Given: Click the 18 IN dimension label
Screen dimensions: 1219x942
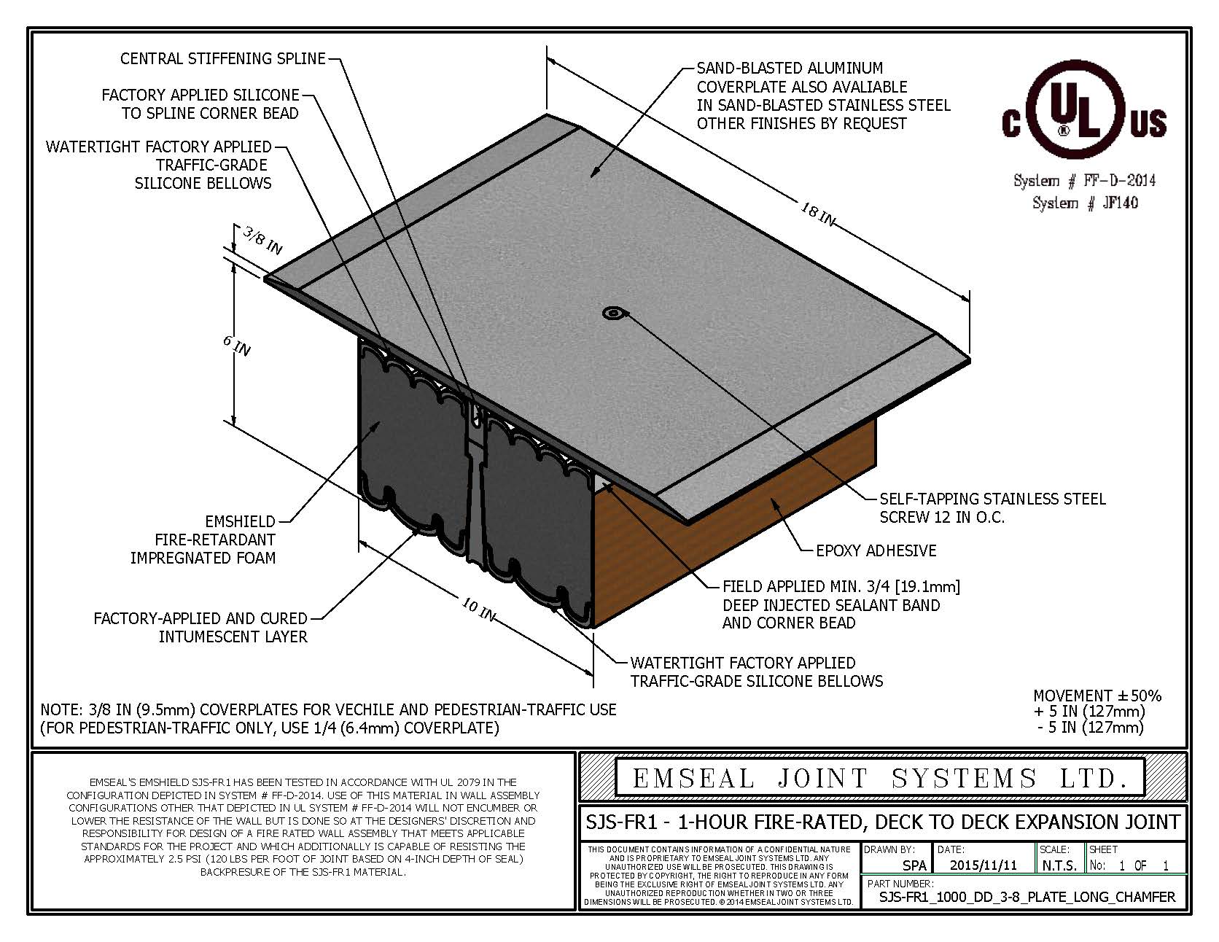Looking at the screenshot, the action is coord(817,214).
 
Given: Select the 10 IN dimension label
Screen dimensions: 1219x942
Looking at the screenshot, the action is coord(478,608).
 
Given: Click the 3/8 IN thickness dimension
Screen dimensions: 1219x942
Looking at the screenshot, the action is coord(262,240).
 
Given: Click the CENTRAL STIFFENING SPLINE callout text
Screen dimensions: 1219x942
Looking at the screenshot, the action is coord(223,58).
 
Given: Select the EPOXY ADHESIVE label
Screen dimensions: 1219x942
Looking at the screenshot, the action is coord(876,550).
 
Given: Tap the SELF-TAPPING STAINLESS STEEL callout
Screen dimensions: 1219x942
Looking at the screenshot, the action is coord(992,499).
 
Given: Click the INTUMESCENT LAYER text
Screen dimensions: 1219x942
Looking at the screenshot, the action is coord(233,637).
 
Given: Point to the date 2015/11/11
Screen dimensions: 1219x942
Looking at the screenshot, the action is coord(984,865).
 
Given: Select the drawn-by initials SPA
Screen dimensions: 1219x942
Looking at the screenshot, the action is coord(914,865).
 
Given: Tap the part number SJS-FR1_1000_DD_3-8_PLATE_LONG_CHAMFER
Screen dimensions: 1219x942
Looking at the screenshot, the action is coord(1027,896).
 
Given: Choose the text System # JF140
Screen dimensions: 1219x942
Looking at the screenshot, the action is coord(1084,203).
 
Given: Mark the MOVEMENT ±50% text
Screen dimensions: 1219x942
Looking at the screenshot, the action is coord(1097,696).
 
